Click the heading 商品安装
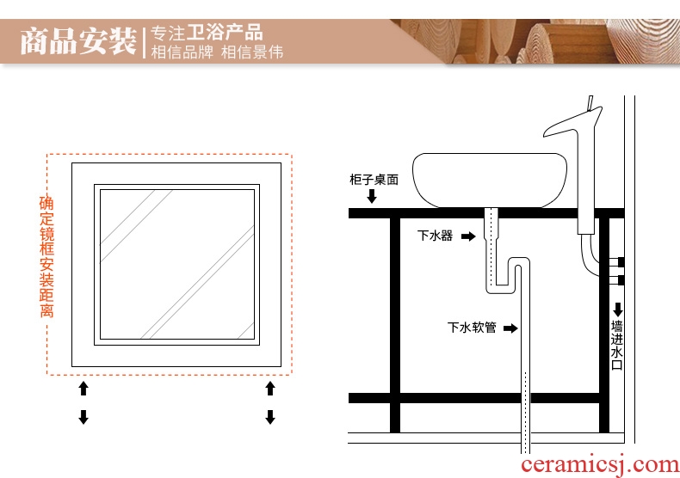pyautogui.click(x=78, y=41)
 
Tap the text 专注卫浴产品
pyautogui.click(x=207, y=33)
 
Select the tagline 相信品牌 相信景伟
pyautogui.click(x=217, y=52)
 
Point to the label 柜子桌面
pyautogui.click(x=374, y=179)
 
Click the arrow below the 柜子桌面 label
pyautogui.click(x=372, y=196)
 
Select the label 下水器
pyautogui.click(x=435, y=236)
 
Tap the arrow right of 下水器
pyautogui.click(x=468, y=236)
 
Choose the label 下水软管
pyautogui.click(x=472, y=328)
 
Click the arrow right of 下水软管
pyautogui.click(x=510, y=328)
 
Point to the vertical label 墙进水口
pyautogui.click(x=616, y=345)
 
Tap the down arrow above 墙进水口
pyautogui.click(x=618, y=309)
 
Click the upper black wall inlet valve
pyautogui.click(x=621, y=262)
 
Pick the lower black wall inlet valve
pyautogui.click(x=621, y=280)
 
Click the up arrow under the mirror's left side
pyautogui.click(x=83, y=389)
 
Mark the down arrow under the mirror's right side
pyautogui.click(x=270, y=417)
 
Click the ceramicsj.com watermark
pyautogui.click(x=600, y=465)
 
